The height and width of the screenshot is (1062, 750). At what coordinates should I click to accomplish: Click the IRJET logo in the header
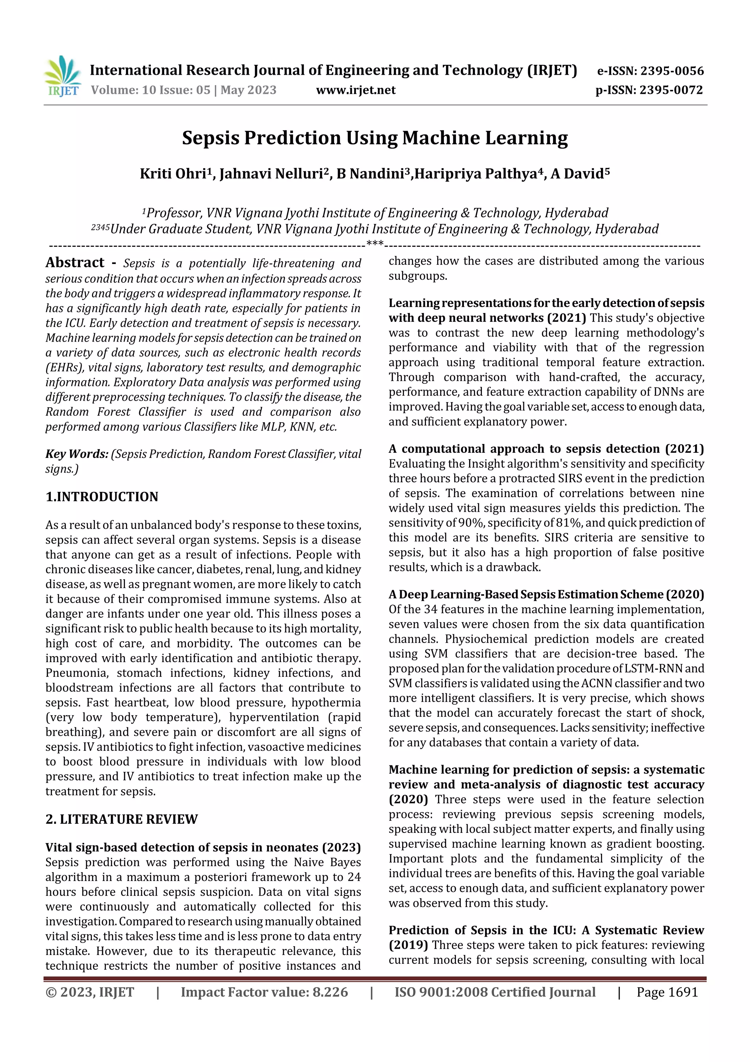[x=62, y=76]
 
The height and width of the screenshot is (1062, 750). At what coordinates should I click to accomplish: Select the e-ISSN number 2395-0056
[x=672, y=71]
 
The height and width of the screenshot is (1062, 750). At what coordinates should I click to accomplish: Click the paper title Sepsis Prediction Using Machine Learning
[x=375, y=138]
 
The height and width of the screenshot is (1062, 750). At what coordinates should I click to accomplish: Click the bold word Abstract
[x=75, y=263]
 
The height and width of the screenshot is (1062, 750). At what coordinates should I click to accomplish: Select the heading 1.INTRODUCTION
[x=102, y=497]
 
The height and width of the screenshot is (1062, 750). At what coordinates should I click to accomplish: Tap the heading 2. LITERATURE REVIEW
[x=122, y=819]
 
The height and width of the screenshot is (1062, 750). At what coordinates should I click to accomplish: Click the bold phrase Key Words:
[x=77, y=454]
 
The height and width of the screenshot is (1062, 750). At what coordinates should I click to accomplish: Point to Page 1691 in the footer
[x=667, y=992]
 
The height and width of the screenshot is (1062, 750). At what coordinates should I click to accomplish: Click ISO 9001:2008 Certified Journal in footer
[x=494, y=992]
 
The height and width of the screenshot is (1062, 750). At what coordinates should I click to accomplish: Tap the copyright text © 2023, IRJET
[x=90, y=992]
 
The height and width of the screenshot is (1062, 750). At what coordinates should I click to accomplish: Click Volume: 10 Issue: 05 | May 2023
[x=183, y=90]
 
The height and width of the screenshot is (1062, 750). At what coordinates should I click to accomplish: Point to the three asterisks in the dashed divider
[x=374, y=244]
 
